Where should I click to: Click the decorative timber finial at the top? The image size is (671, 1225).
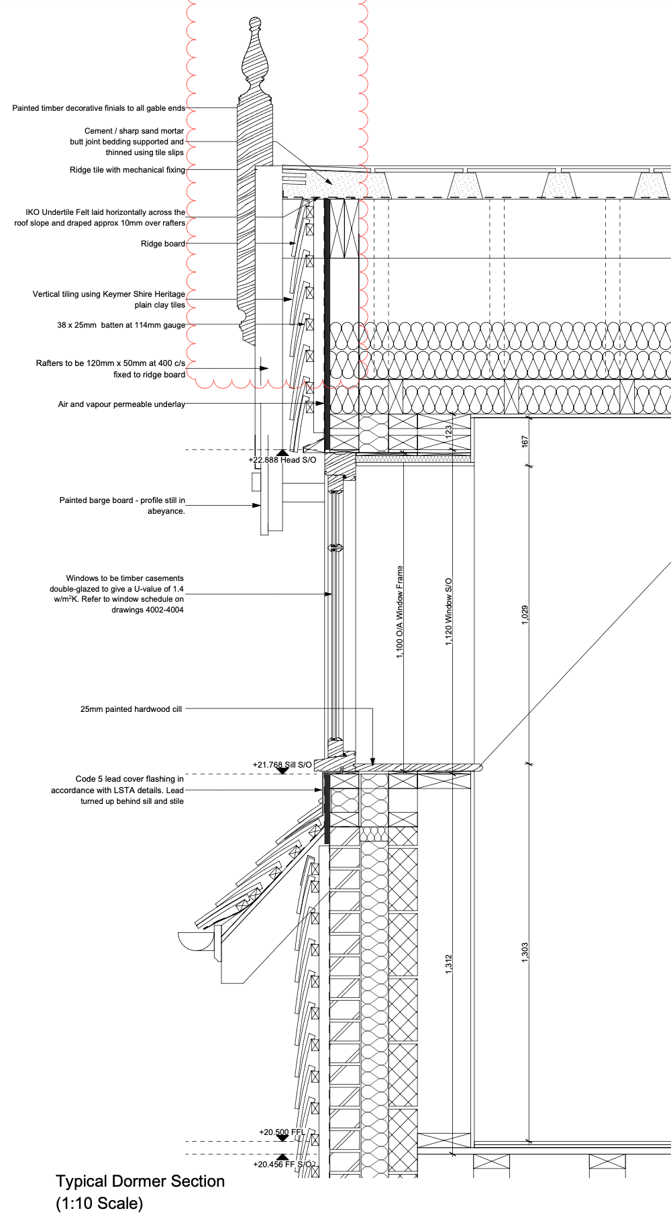pos(256,60)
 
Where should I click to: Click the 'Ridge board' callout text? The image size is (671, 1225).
pos(162,244)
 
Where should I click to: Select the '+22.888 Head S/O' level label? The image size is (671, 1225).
pos(282,460)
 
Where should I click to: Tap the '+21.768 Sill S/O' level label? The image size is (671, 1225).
pos(282,765)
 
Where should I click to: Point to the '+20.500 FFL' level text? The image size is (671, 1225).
pos(282,1132)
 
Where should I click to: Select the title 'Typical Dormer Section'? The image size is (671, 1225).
pos(140,1181)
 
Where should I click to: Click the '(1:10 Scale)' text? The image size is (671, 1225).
pos(99,1204)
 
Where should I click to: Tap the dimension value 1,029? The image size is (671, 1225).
pos(525,615)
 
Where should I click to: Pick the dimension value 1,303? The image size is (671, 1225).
pos(525,952)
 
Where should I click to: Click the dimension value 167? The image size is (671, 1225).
pos(525,441)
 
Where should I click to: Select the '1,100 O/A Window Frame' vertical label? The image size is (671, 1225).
pos(400,612)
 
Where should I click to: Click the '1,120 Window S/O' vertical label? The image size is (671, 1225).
pos(448,612)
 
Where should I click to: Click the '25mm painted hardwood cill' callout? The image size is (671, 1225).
pos(131,709)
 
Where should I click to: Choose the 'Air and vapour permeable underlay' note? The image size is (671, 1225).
pos(121,404)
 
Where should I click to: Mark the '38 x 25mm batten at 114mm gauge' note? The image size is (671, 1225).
pos(121,325)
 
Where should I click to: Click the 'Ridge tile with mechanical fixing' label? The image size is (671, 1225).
pos(127,170)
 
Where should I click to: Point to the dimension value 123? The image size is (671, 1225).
pos(448,433)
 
